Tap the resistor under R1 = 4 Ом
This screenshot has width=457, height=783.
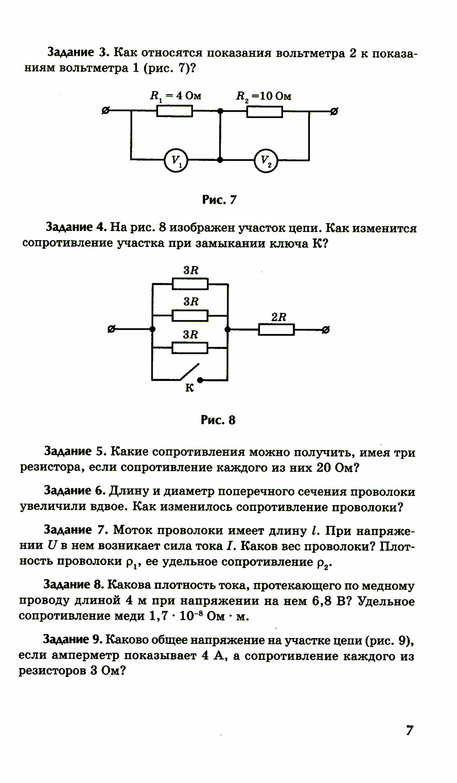pos(175,111)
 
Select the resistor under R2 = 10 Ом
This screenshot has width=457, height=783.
pos(265,111)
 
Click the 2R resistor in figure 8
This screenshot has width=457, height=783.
pos(276,329)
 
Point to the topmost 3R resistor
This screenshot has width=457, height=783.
pos(190,284)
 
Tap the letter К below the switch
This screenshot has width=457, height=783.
pos(189,388)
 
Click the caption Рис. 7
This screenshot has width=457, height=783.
pos(219,200)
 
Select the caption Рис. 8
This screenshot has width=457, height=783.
pos(218,420)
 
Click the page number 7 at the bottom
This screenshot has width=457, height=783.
pos(409,730)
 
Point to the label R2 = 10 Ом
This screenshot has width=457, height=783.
pos(264,97)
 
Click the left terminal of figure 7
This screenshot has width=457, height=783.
pos(106,111)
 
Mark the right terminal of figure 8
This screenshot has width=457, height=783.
pos(325,330)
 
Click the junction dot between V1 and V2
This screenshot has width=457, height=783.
pos(220,160)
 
